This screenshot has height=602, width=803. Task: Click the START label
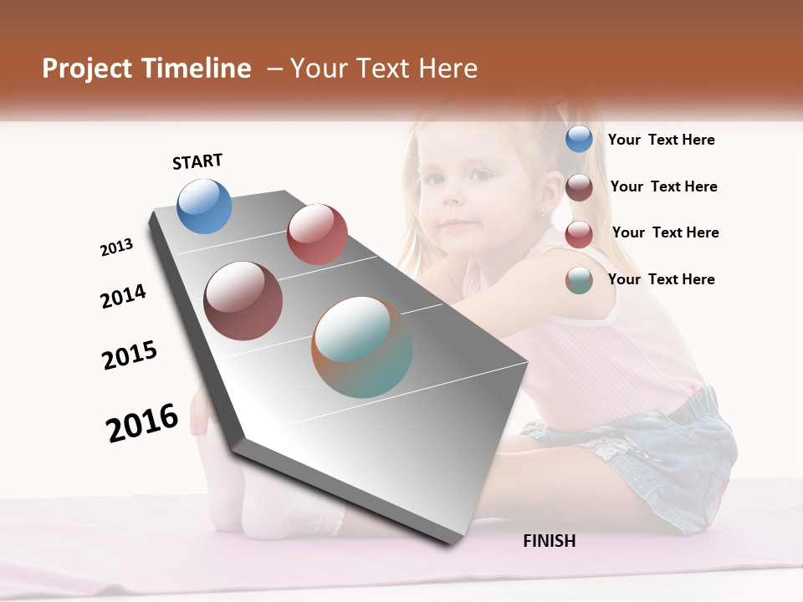(x=197, y=161)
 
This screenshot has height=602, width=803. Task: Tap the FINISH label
(x=550, y=541)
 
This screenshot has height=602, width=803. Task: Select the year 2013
(x=116, y=247)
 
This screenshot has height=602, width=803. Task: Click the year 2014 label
(x=123, y=297)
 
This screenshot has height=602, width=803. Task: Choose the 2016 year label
(x=142, y=422)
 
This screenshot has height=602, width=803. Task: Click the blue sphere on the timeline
(x=205, y=206)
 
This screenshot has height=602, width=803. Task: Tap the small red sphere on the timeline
(x=317, y=234)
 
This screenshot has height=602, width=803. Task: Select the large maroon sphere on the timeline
(x=243, y=301)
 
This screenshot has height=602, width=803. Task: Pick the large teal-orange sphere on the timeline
(x=362, y=347)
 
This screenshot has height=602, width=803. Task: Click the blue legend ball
(x=579, y=139)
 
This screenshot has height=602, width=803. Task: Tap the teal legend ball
(x=579, y=280)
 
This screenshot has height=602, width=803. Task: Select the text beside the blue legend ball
(x=661, y=140)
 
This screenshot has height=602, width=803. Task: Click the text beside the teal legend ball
(x=661, y=279)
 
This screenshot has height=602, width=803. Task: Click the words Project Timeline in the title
(x=146, y=69)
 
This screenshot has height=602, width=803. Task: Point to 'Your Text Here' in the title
(x=383, y=69)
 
